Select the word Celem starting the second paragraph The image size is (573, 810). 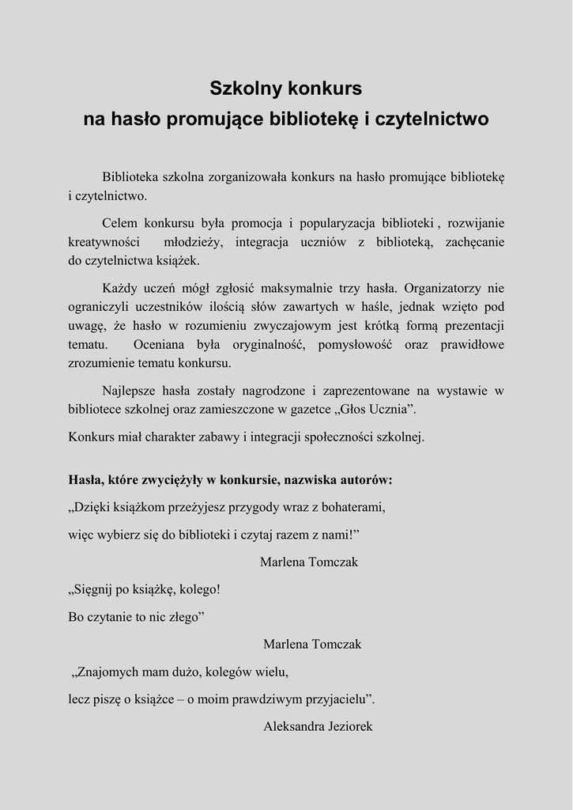(120, 223)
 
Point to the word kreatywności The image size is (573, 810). (104, 241)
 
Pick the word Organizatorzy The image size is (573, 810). (450, 288)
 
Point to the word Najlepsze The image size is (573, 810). (130, 391)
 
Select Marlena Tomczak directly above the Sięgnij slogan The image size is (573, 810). (309, 562)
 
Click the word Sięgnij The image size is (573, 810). (96, 589)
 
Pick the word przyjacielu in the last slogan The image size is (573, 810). (334, 699)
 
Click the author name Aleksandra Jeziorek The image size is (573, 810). (318, 726)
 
